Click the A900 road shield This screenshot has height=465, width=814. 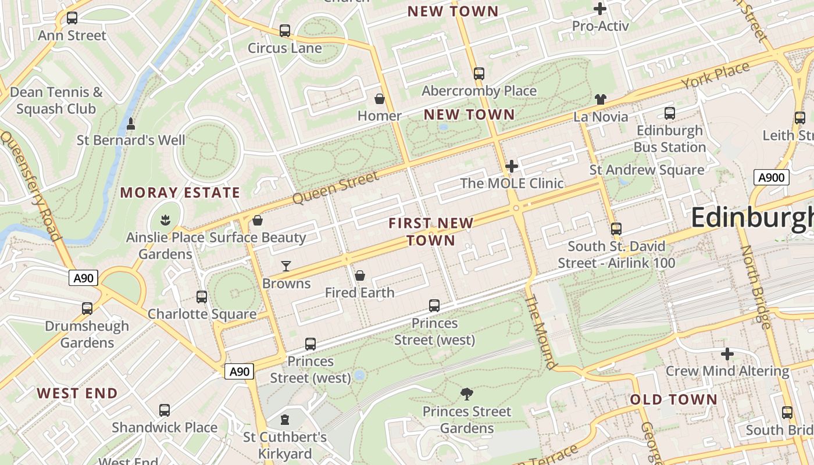pyautogui.click(x=771, y=177)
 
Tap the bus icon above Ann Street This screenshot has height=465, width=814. pyautogui.click(x=72, y=18)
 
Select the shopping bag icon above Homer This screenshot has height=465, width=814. pyautogui.click(x=380, y=99)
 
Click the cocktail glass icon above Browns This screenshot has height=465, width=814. pyautogui.click(x=286, y=266)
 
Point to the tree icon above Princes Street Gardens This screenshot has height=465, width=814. pyautogui.click(x=466, y=394)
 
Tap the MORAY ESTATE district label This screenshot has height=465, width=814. pyautogui.click(x=180, y=192)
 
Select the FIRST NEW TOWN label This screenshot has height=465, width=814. pyautogui.click(x=431, y=231)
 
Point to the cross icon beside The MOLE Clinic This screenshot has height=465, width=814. pyautogui.click(x=512, y=167)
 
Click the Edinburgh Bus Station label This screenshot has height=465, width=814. pyautogui.click(x=670, y=139)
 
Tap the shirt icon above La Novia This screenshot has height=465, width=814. pyautogui.click(x=601, y=99)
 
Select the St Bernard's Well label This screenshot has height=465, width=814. pyautogui.click(x=131, y=140)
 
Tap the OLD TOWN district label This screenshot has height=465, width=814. pyautogui.click(x=674, y=399)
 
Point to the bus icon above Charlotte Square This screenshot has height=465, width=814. pyautogui.click(x=202, y=297)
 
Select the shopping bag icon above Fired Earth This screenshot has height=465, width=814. pyautogui.click(x=360, y=275)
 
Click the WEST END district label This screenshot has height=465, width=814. pyautogui.click(x=77, y=393)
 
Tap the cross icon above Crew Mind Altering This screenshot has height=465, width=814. pyautogui.click(x=727, y=353)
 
